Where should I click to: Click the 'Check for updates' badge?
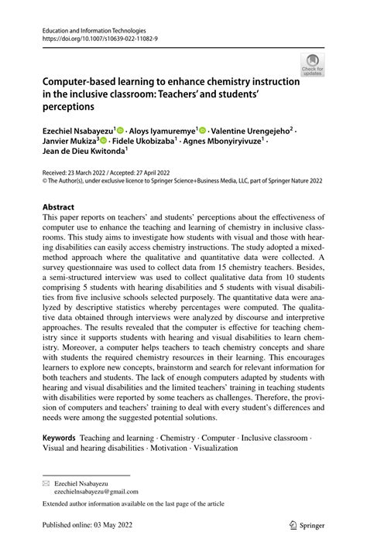313,64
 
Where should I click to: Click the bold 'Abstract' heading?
59,207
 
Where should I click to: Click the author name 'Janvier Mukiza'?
70,142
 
